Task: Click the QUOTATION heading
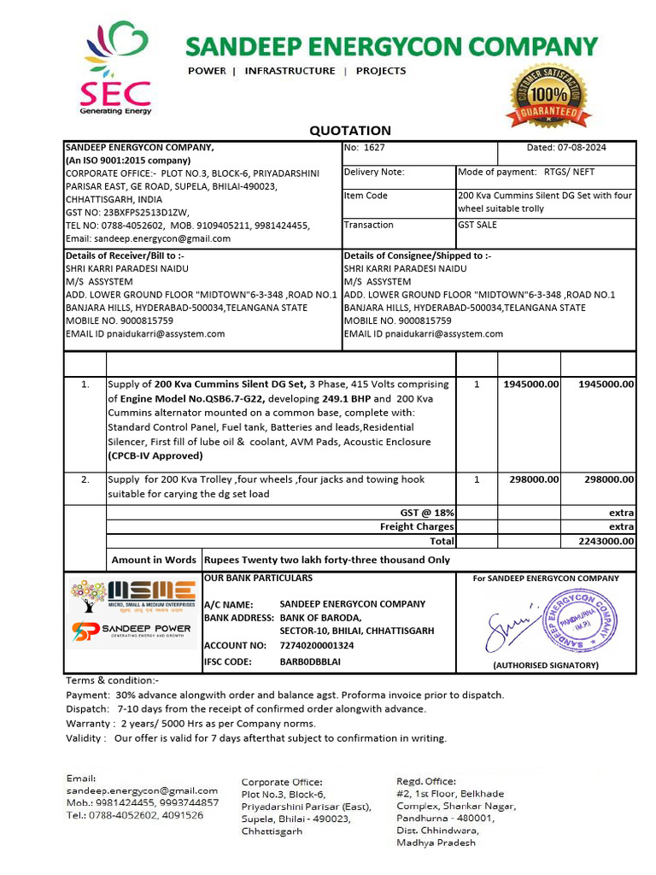tap(350, 131)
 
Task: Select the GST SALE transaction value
tap(477, 226)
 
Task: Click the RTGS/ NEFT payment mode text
tap(569, 172)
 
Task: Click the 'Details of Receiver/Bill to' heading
tap(125, 255)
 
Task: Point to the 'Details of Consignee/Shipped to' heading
tap(417, 255)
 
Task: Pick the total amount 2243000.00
tap(606, 541)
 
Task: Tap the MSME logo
tap(133, 596)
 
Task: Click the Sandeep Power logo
tap(133, 633)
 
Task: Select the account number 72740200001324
tap(317, 646)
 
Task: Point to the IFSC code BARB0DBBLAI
tap(310, 662)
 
